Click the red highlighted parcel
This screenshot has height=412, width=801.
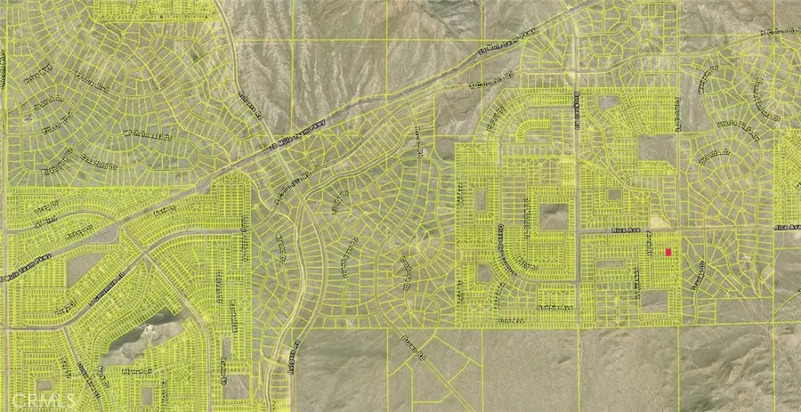point(669,252)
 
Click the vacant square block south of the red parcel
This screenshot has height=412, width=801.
point(654,301)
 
